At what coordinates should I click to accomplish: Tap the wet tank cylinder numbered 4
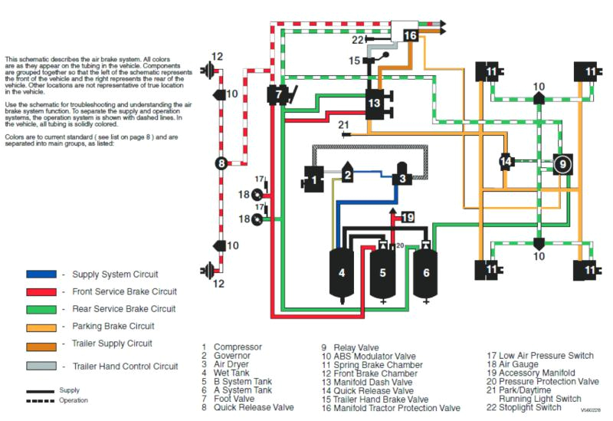coord(342,273)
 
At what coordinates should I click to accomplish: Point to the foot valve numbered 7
coord(279,96)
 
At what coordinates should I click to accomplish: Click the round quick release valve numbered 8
coord(221,163)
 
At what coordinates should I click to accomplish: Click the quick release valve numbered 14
coord(506,162)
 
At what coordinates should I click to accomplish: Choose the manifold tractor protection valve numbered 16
coord(409,35)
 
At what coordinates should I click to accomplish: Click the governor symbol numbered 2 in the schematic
coord(347,176)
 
